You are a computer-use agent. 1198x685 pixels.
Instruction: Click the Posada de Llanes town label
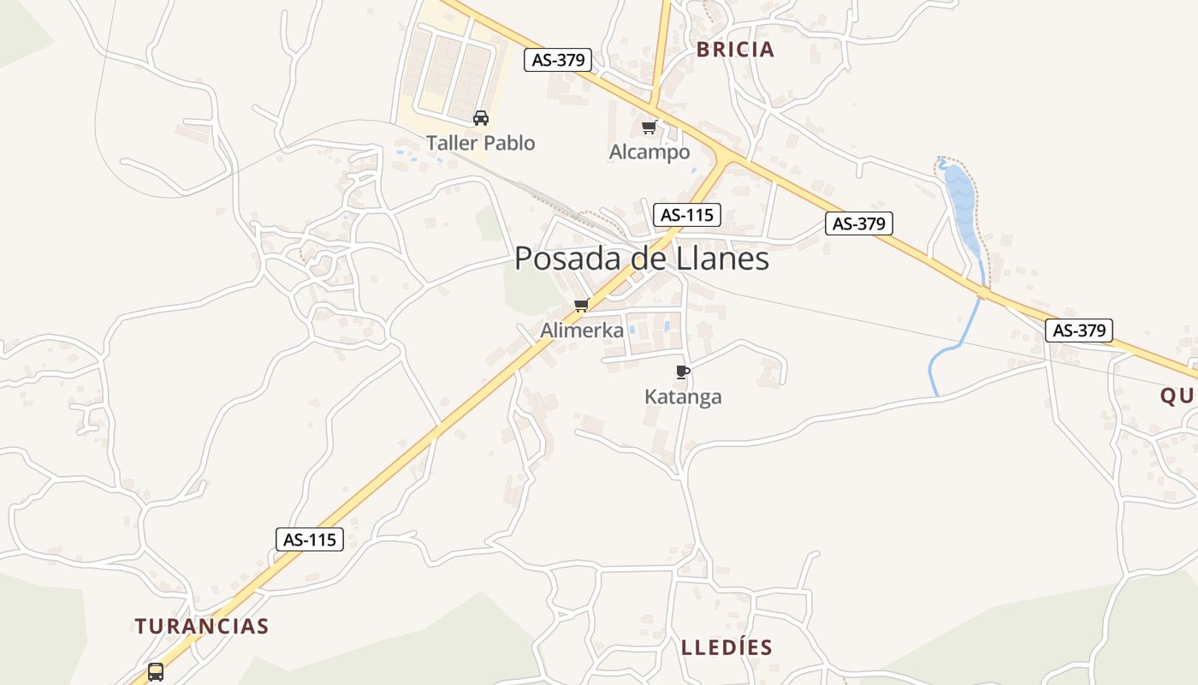(x=642, y=259)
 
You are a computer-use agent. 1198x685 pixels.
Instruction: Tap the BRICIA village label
(x=735, y=50)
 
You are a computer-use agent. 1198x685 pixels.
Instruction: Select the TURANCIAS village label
(x=202, y=626)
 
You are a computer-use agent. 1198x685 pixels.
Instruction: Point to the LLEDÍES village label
(x=727, y=647)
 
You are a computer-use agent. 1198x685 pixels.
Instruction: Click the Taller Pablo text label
(x=481, y=143)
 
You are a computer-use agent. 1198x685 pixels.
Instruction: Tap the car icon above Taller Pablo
(x=481, y=118)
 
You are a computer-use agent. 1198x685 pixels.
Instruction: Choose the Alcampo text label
(x=649, y=152)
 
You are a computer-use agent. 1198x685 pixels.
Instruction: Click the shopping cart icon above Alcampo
(x=649, y=128)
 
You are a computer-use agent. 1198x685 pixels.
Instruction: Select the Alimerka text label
(x=582, y=330)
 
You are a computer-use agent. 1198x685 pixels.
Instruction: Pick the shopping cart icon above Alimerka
(x=582, y=305)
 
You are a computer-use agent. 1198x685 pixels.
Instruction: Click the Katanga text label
(x=683, y=396)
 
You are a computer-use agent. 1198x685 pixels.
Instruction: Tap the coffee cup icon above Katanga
(x=682, y=372)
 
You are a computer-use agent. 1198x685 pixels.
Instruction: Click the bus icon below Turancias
(x=156, y=671)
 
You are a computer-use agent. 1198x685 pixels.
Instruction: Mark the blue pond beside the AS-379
(x=961, y=205)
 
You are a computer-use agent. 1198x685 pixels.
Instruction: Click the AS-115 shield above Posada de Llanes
(x=686, y=215)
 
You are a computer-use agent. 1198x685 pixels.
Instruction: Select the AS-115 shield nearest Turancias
(x=309, y=539)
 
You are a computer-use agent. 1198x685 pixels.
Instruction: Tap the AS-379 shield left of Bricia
(x=558, y=60)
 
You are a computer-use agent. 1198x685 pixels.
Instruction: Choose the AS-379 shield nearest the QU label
(x=1078, y=331)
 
